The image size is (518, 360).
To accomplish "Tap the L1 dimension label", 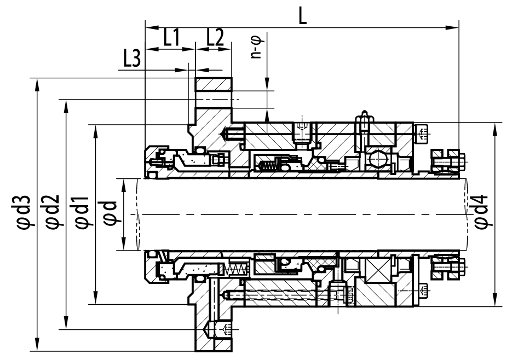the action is tap(172, 37).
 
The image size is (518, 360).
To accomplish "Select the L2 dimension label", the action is tap(215, 37).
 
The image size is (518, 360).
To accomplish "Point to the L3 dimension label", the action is tap(132, 59).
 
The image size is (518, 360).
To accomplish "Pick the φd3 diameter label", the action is tap(24, 212).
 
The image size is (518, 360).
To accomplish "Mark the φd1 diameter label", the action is tap(82, 212).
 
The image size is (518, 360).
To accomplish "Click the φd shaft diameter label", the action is tap(110, 213).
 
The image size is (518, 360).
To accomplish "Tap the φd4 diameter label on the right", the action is tap(481, 212).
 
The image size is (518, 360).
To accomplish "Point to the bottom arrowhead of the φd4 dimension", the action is tap(494, 300).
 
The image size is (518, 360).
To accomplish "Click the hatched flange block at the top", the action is tap(214, 84).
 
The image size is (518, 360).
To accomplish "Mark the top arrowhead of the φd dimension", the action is tap(124, 185).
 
